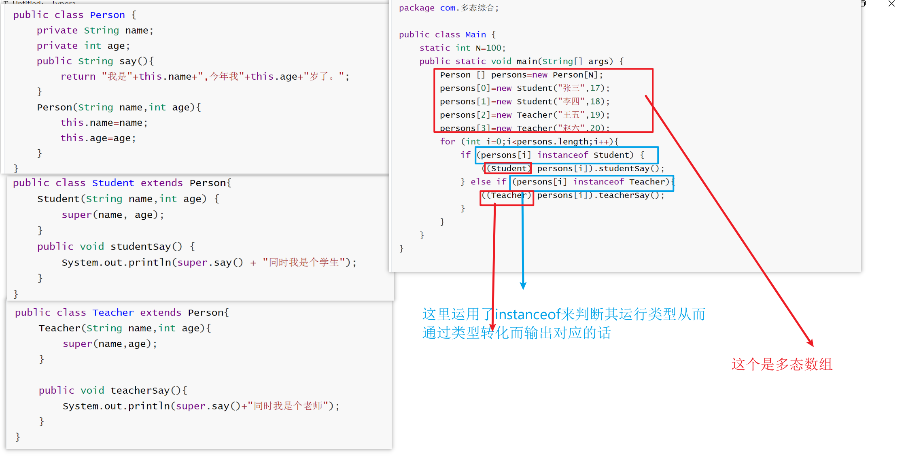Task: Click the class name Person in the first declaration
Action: tap(107, 15)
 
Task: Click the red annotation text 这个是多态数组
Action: tap(781, 365)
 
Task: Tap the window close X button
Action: tap(891, 4)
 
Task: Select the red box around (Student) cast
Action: tap(508, 168)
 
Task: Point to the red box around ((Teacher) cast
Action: tap(507, 198)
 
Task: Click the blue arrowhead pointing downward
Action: tap(523, 286)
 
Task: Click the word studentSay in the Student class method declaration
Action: tap(140, 246)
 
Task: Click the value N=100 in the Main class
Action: tap(488, 48)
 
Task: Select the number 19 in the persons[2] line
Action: tap(595, 115)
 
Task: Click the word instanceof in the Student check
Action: tap(562, 155)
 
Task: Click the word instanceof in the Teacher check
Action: tap(598, 182)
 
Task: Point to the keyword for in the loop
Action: tap(448, 142)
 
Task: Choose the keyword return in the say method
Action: tap(78, 76)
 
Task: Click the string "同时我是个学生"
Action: tap(303, 263)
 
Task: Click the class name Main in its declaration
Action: tap(475, 35)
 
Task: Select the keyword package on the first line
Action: tap(416, 8)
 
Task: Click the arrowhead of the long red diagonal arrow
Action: tap(811, 343)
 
